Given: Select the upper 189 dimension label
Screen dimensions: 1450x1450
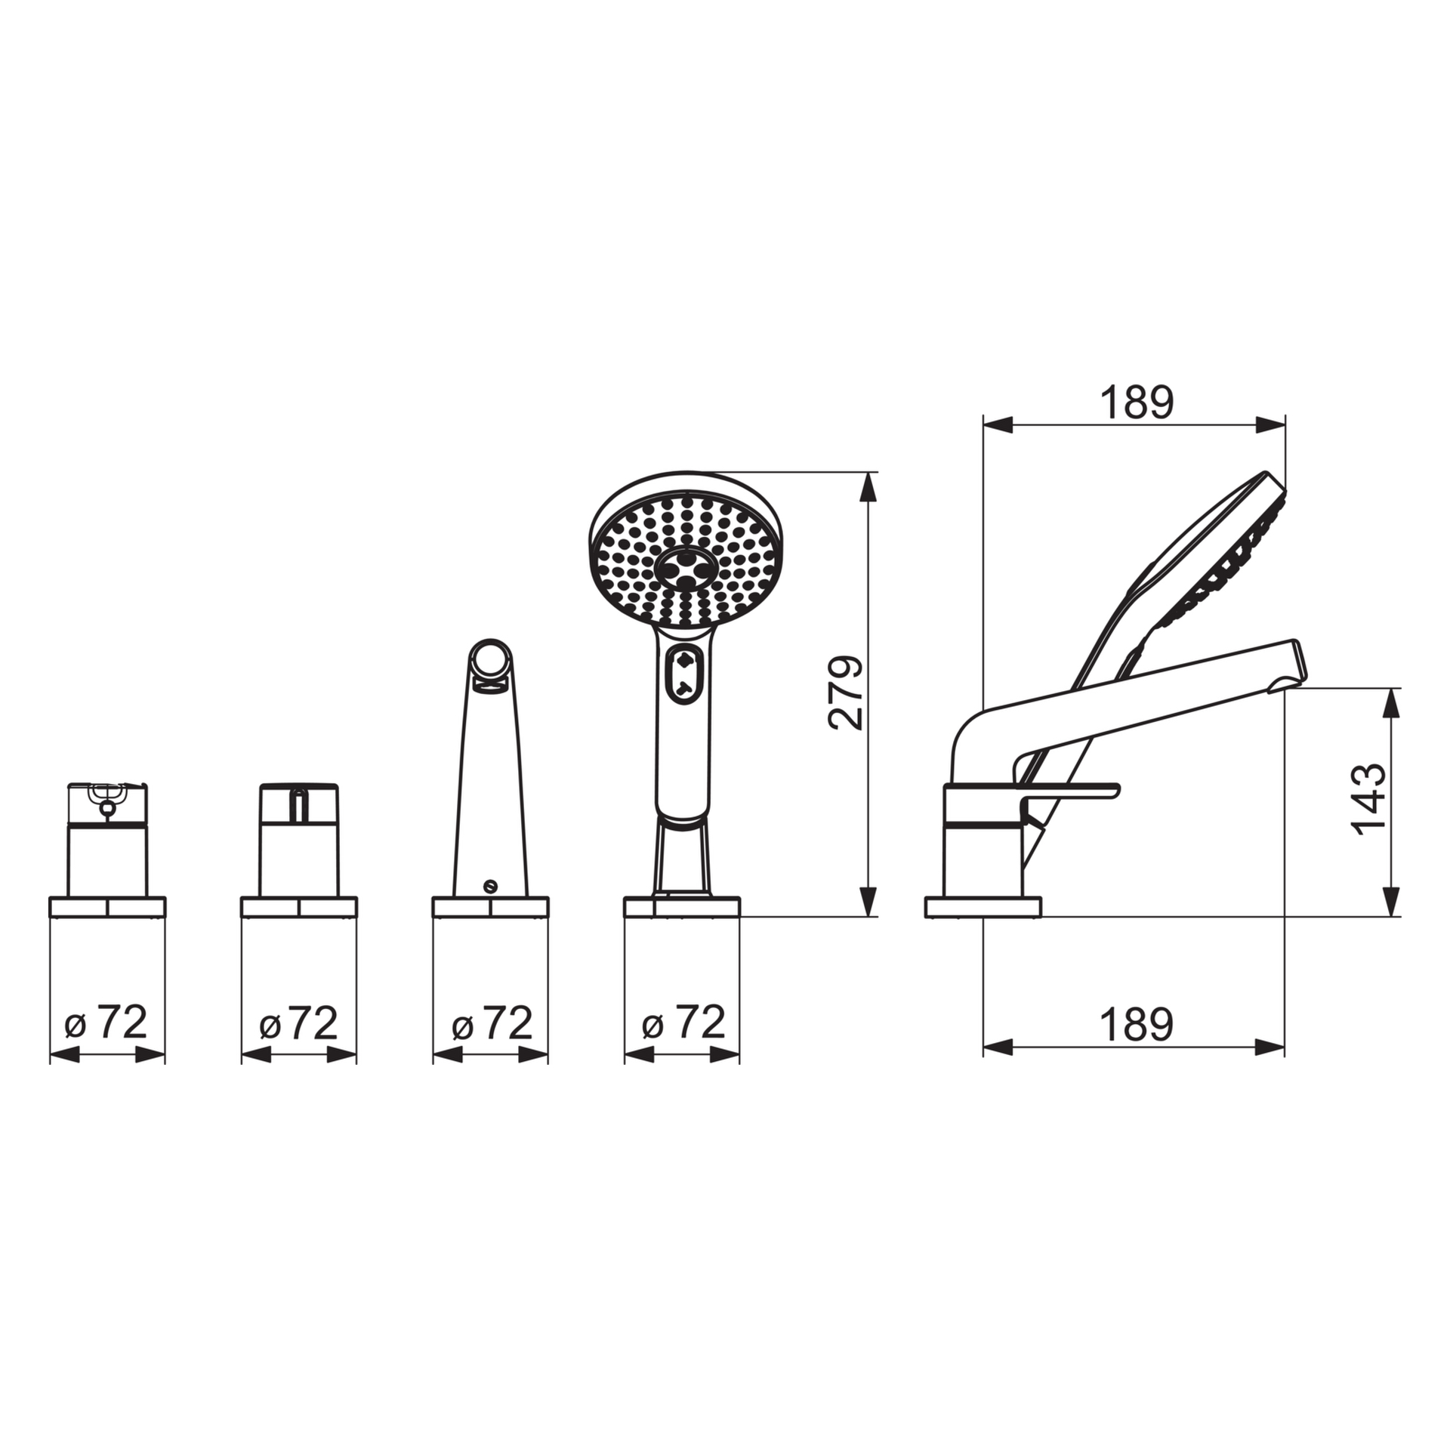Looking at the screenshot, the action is click(1137, 403).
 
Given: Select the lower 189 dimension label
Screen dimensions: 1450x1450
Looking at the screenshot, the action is click(1137, 1025).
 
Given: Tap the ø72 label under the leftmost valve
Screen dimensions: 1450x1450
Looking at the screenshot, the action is click(106, 1023).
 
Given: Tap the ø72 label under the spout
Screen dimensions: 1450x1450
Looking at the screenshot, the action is click(492, 1023).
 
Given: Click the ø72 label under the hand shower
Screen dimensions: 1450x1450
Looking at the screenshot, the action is click(683, 1023).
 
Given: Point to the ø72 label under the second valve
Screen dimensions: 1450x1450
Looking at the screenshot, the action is click(298, 1023).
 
